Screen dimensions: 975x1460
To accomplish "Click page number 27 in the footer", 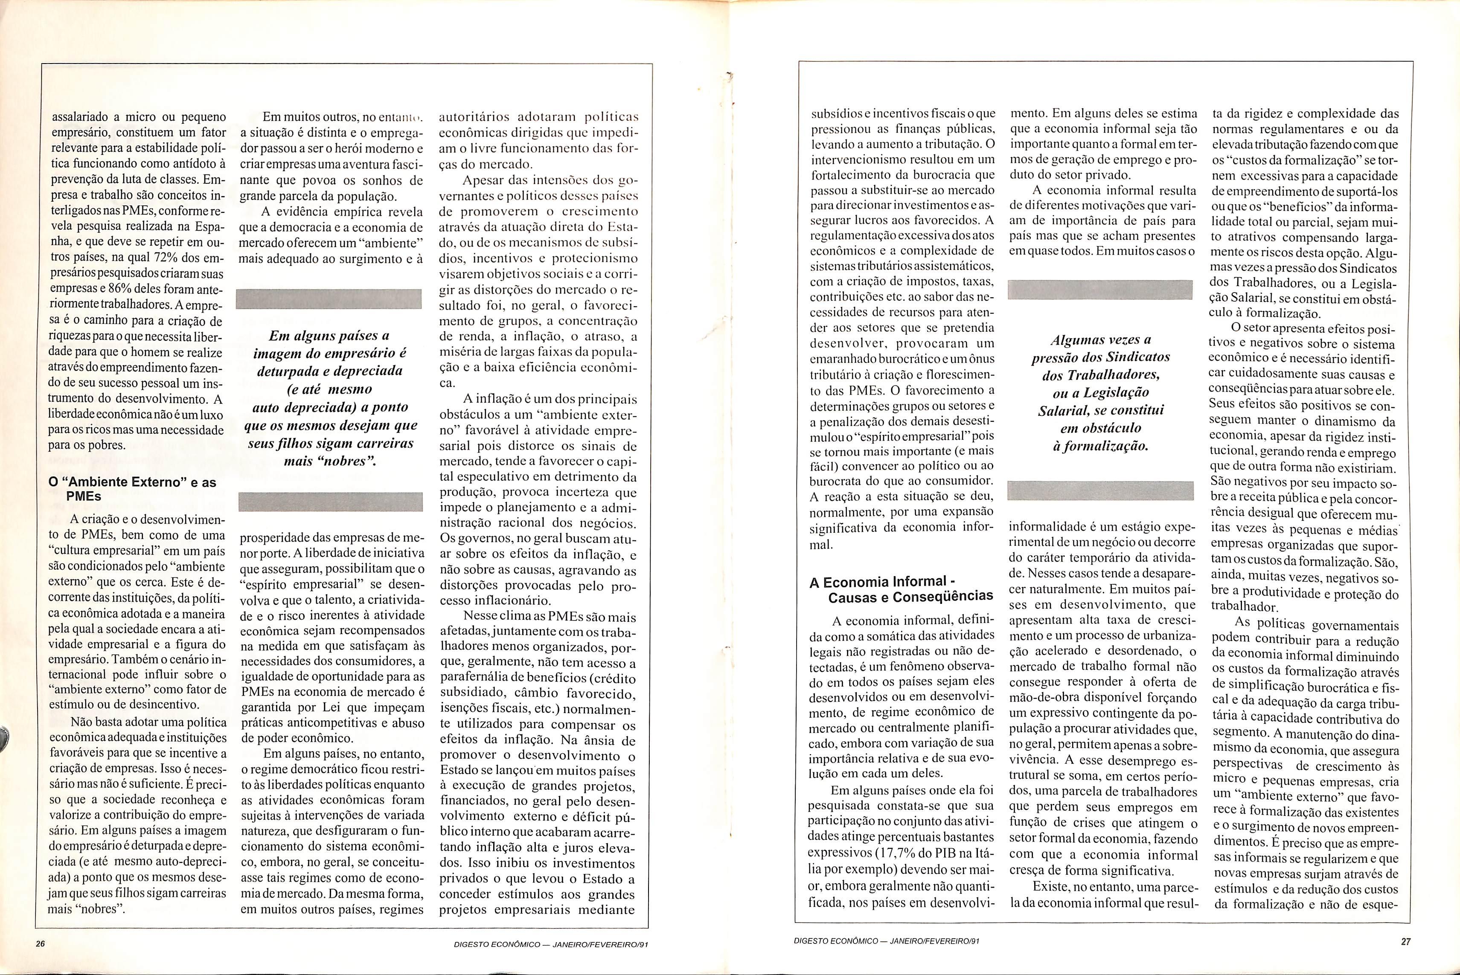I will click(1406, 941).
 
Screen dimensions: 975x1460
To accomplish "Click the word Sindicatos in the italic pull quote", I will click(1136, 357).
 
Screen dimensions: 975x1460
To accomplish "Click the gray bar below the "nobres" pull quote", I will click(330, 501).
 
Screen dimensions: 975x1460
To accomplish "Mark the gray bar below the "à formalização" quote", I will click(1100, 490).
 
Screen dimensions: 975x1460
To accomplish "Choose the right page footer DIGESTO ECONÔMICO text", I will click(887, 941).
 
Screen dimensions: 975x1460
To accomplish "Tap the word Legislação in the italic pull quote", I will click(1116, 392).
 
